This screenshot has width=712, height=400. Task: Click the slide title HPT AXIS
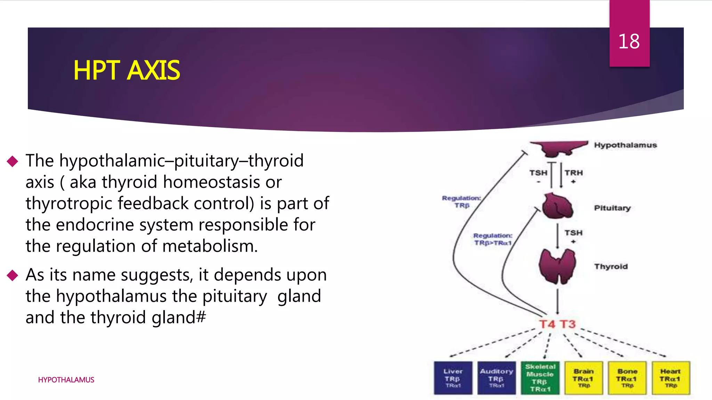click(127, 70)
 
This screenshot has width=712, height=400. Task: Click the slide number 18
click(629, 42)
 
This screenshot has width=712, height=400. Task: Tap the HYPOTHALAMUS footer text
click(66, 380)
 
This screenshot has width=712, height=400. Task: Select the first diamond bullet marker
click(13, 161)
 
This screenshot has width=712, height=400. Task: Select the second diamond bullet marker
click(13, 275)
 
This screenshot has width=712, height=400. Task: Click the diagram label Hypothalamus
click(625, 145)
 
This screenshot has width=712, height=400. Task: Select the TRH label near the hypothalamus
click(573, 173)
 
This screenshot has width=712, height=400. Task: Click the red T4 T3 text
click(557, 324)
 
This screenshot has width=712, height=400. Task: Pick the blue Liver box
click(453, 378)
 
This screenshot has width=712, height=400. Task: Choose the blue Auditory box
click(496, 378)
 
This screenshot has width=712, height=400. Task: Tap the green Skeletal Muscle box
click(540, 378)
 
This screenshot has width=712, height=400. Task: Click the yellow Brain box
click(584, 378)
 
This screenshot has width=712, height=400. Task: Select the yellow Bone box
click(627, 378)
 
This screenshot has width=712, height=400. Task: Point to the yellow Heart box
click(671, 378)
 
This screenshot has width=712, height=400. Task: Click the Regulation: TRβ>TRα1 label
click(493, 239)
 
